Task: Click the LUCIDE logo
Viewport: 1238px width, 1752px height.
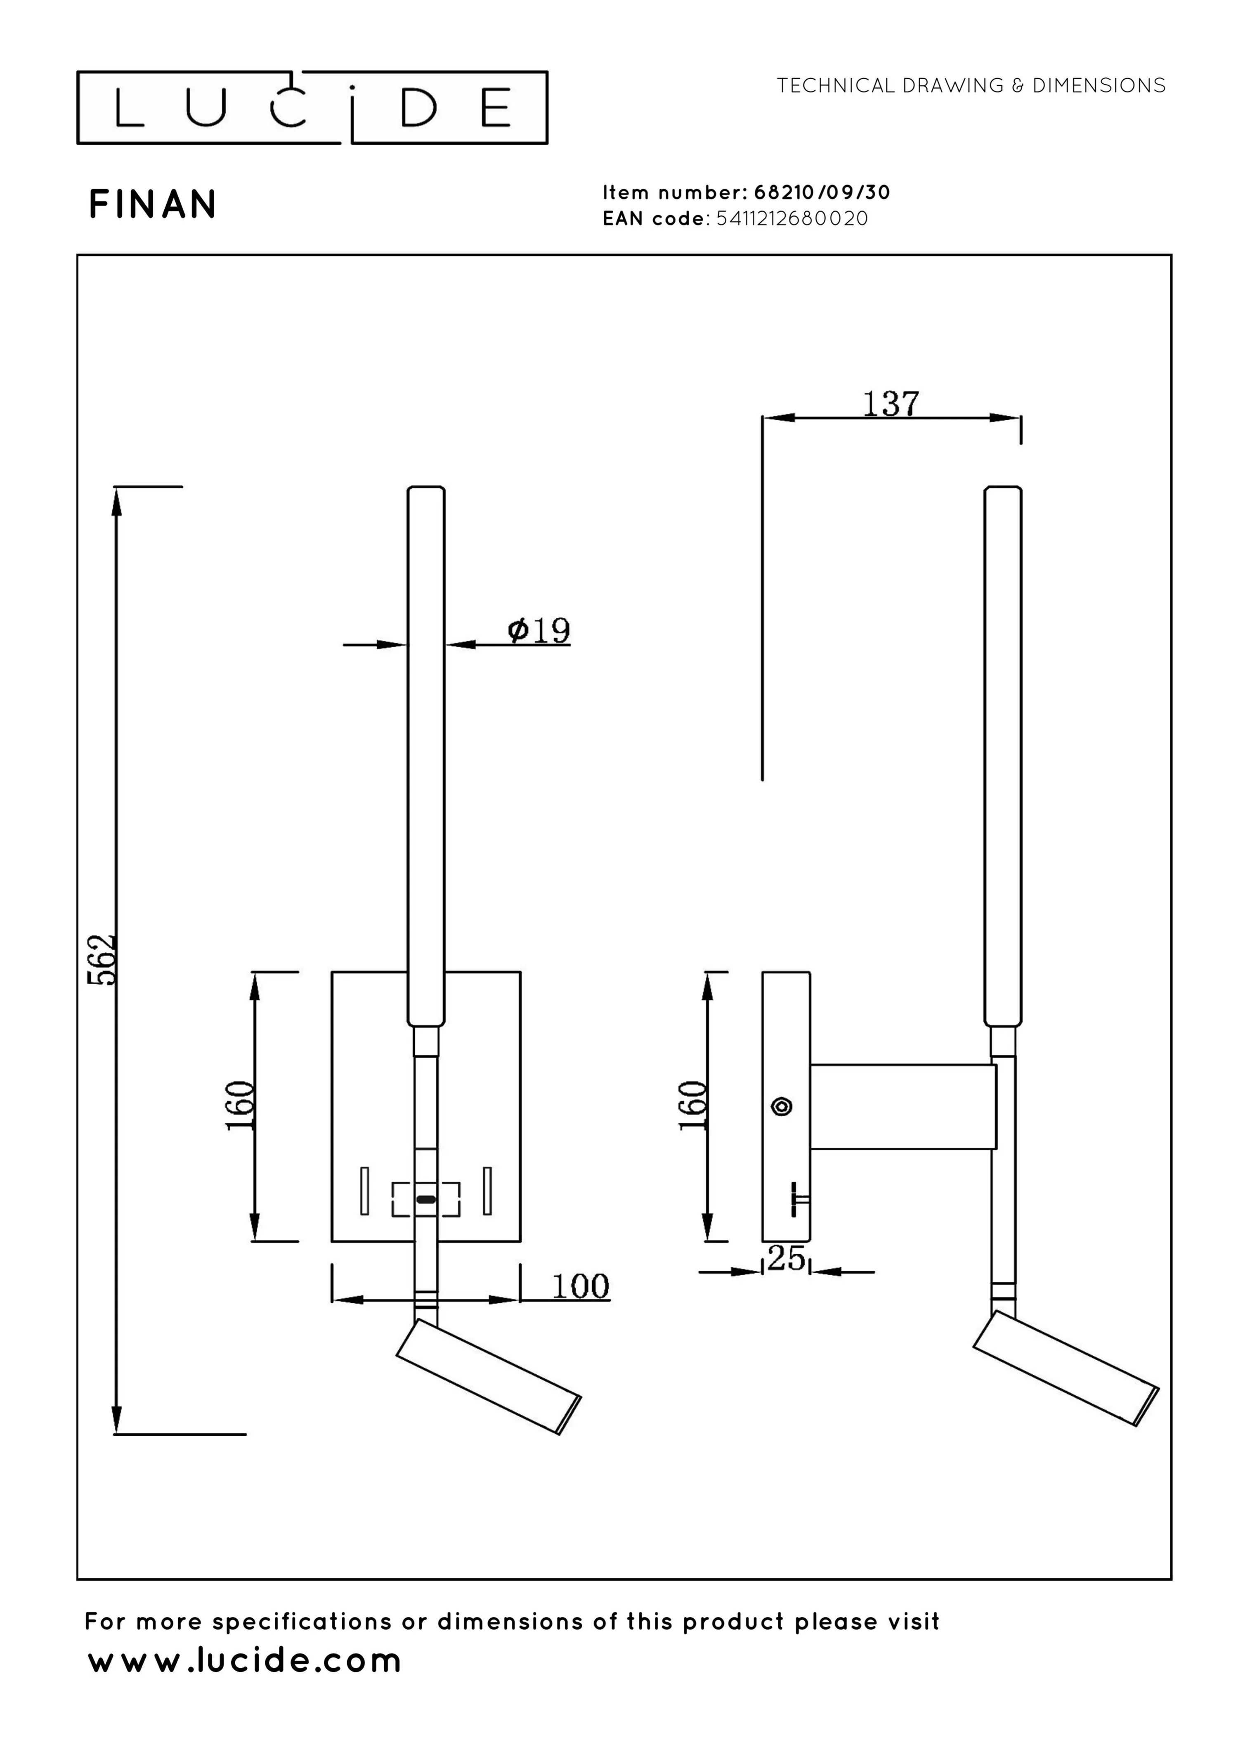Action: tap(312, 108)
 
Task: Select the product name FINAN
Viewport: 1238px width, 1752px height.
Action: tap(154, 204)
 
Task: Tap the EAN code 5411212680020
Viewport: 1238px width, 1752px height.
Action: tap(792, 219)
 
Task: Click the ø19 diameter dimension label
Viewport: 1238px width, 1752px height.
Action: tap(539, 630)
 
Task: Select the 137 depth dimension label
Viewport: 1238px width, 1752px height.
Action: tap(890, 404)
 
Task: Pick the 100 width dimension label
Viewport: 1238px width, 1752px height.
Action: tap(580, 1286)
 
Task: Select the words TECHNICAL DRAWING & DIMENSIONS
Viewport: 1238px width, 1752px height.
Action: tap(971, 85)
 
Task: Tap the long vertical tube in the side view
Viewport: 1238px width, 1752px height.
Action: tap(1002, 755)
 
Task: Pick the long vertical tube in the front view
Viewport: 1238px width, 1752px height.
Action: tap(425, 755)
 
